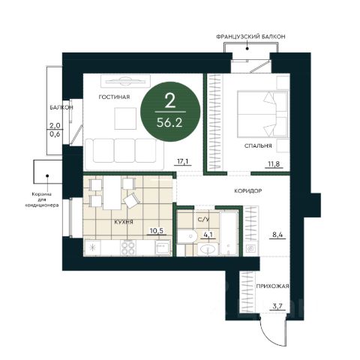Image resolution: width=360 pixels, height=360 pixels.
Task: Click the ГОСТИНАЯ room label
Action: [114, 97]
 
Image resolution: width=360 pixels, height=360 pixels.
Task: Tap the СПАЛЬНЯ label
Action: [258, 145]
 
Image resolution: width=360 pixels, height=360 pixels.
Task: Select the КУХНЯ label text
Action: [124, 222]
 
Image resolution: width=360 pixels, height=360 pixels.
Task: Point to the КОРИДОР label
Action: [248, 191]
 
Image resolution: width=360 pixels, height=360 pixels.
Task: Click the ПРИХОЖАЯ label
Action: [272, 286]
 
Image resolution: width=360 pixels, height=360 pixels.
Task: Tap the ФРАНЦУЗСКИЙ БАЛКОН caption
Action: [250, 37]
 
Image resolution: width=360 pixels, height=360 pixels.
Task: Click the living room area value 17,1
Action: [182, 161]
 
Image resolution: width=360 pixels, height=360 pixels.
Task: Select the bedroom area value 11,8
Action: [274, 164]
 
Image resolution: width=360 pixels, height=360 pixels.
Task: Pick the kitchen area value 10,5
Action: [157, 230]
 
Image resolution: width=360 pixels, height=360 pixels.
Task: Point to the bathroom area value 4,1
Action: [208, 235]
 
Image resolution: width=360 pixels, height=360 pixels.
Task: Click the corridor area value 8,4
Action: [277, 235]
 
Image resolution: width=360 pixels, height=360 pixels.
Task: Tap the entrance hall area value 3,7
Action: [277, 306]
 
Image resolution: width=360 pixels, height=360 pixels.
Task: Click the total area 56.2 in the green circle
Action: [169, 123]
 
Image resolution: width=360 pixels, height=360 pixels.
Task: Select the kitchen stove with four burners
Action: [128, 247]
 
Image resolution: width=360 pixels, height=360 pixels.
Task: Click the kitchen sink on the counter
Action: [163, 247]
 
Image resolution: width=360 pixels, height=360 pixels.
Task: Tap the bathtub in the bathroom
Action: [229, 233]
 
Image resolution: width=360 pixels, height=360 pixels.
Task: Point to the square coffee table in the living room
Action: [125, 118]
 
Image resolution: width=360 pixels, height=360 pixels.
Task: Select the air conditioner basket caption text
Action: [42, 199]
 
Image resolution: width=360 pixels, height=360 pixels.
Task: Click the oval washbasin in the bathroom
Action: [208, 249]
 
